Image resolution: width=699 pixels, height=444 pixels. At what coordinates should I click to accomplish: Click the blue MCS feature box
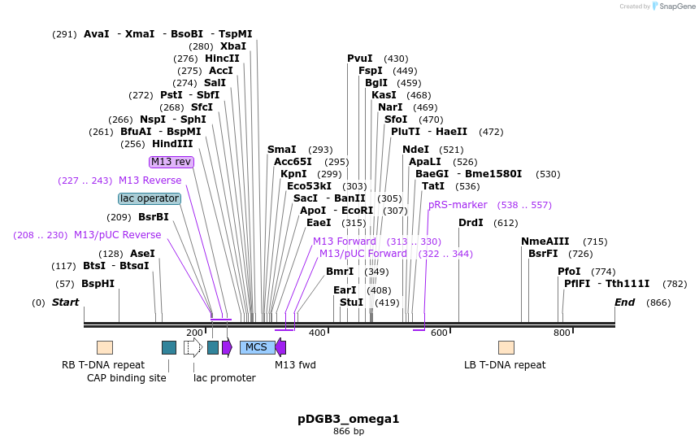click(257, 347)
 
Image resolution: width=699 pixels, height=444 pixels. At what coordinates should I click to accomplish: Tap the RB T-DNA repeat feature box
click(105, 347)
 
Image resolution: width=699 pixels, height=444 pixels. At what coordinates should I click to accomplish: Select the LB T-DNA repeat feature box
click(506, 347)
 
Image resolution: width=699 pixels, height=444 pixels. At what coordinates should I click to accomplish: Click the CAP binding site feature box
click(169, 347)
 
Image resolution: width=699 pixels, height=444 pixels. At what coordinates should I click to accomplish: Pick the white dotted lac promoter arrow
click(193, 347)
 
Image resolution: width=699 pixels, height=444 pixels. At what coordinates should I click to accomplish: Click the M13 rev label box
click(171, 162)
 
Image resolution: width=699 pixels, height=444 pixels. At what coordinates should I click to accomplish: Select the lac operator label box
click(150, 198)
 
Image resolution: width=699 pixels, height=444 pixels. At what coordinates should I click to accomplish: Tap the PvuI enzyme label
click(360, 59)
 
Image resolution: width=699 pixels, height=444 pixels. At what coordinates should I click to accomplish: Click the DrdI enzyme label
click(471, 223)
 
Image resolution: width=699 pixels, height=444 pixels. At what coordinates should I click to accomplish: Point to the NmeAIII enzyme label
click(545, 242)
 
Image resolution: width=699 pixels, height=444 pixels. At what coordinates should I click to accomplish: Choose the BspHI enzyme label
click(98, 284)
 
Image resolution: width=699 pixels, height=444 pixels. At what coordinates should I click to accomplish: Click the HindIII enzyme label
click(172, 144)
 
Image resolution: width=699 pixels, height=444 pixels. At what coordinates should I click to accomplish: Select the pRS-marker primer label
click(458, 205)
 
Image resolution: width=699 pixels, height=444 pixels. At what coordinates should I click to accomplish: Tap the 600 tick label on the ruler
click(439, 333)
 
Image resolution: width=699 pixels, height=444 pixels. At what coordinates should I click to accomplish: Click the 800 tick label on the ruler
click(562, 333)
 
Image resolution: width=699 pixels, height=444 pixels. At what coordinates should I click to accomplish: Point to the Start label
click(66, 303)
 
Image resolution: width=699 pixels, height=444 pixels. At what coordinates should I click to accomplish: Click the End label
click(624, 303)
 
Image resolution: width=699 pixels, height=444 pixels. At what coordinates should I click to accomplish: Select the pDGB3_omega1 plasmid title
click(349, 420)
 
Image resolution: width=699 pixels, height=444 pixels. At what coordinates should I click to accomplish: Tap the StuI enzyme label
click(351, 303)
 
